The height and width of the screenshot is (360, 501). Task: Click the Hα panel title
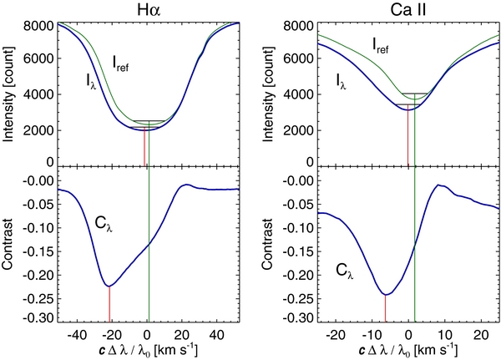(x=147, y=9)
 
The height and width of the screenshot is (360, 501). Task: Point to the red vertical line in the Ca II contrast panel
(x=385, y=308)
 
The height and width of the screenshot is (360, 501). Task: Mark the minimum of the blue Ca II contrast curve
(x=385, y=294)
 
